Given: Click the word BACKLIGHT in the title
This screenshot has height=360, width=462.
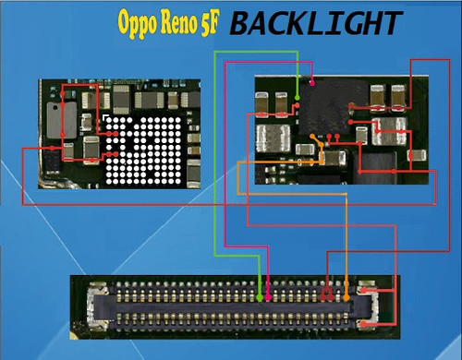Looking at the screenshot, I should (316, 23).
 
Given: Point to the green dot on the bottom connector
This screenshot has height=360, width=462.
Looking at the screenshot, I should (258, 297).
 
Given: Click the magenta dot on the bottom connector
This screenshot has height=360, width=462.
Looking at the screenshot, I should (267, 297).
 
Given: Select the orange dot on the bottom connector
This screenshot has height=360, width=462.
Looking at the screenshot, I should (347, 296).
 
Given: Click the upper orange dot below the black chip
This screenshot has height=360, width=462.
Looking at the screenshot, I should (321, 139).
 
